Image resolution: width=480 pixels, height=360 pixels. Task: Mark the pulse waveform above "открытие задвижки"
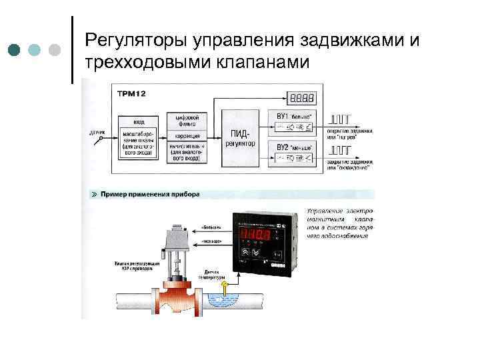(x=339, y=119)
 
